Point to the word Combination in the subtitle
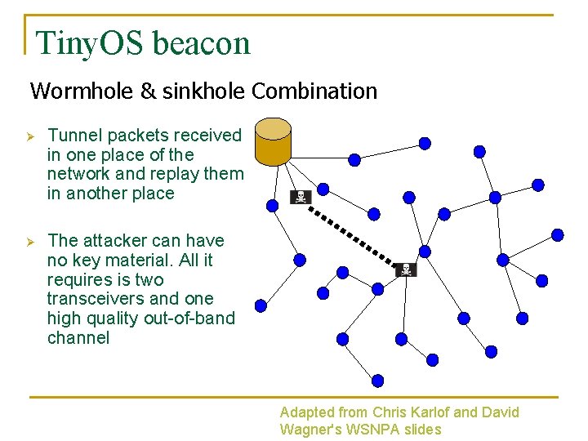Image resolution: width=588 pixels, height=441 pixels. (x=314, y=91)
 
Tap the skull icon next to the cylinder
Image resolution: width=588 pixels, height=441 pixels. (x=301, y=197)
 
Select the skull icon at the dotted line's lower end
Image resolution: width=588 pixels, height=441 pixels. (x=406, y=269)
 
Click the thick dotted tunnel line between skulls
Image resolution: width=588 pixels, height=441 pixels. (x=353, y=233)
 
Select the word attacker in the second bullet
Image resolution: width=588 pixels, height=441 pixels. (x=110, y=240)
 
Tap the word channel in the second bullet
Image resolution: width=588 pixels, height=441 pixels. (x=78, y=338)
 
